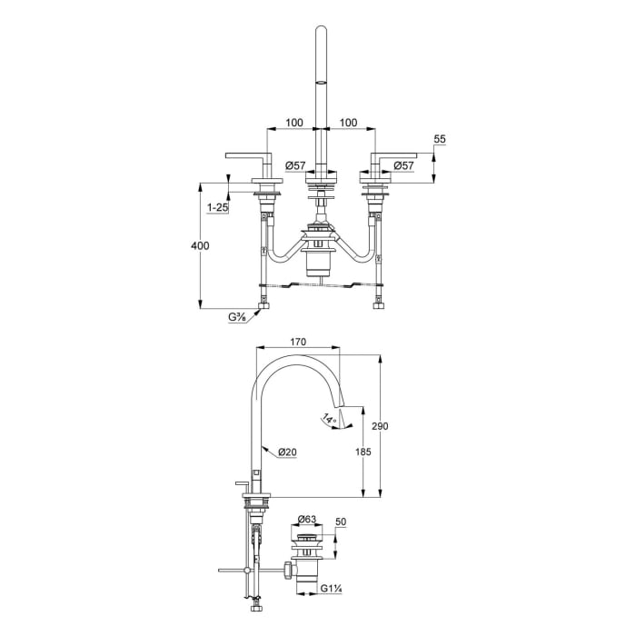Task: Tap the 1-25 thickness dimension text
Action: pos(218,208)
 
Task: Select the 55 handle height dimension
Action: pos(440,139)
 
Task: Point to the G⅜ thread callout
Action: pos(238,317)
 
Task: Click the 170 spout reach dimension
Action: pos(298,342)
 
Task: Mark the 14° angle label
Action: pos(328,419)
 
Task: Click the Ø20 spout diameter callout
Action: pos(288,452)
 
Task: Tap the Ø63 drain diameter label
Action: pos(307,519)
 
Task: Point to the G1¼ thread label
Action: pos(330,589)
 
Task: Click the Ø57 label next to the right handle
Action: pos(404,165)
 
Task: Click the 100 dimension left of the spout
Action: pos(293,122)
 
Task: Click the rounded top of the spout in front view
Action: pos(320,34)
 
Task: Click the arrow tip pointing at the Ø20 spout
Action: pos(261,447)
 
